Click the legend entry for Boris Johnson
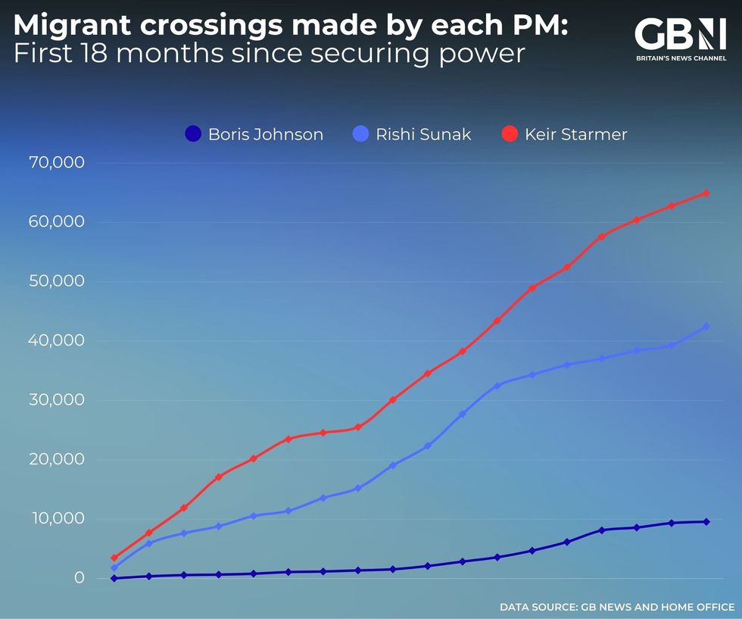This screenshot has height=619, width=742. (254, 135)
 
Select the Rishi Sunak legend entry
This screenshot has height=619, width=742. (413, 135)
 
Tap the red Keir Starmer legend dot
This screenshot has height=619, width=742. (510, 135)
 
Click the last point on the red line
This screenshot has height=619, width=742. (706, 193)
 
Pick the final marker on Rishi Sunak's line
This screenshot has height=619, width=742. (706, 327)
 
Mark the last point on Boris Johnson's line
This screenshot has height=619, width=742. (706, 521)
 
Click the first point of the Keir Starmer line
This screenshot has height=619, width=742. (114, 558)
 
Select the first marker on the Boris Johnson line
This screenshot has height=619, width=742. (114, 578)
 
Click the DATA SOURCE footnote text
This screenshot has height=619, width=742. (616, 607)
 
